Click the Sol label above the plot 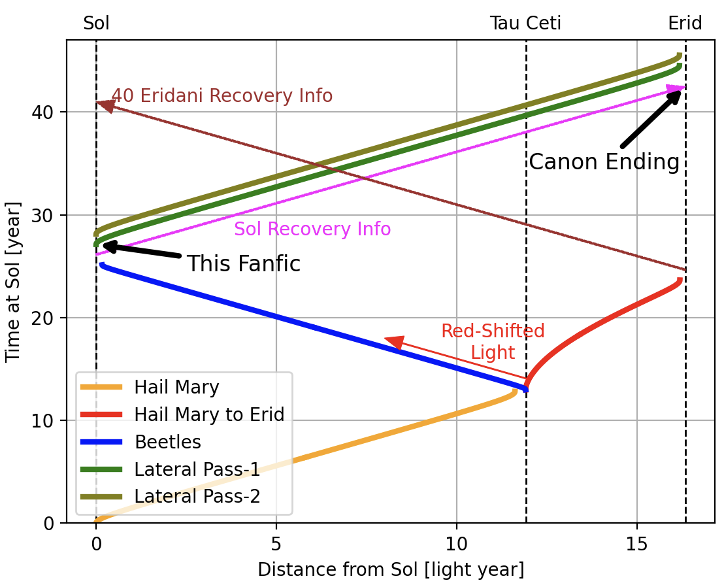tap(96, 24)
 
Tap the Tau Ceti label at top tap(525, 24)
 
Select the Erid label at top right tap(685, 24)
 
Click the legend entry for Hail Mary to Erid tap(208, 414)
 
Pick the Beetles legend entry tap(167, 442)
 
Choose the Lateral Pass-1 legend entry tap(197, 469)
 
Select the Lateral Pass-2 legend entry tap(197, 496)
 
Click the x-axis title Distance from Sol tap(391, 569)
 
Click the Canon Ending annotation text tap(604, 162)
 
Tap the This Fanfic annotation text tap(244, 264)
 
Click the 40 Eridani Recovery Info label tap(222, 96)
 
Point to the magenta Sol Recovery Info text tap(312, 229)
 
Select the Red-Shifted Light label tap(493, 341)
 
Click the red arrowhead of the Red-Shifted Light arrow tap(393, 342)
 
